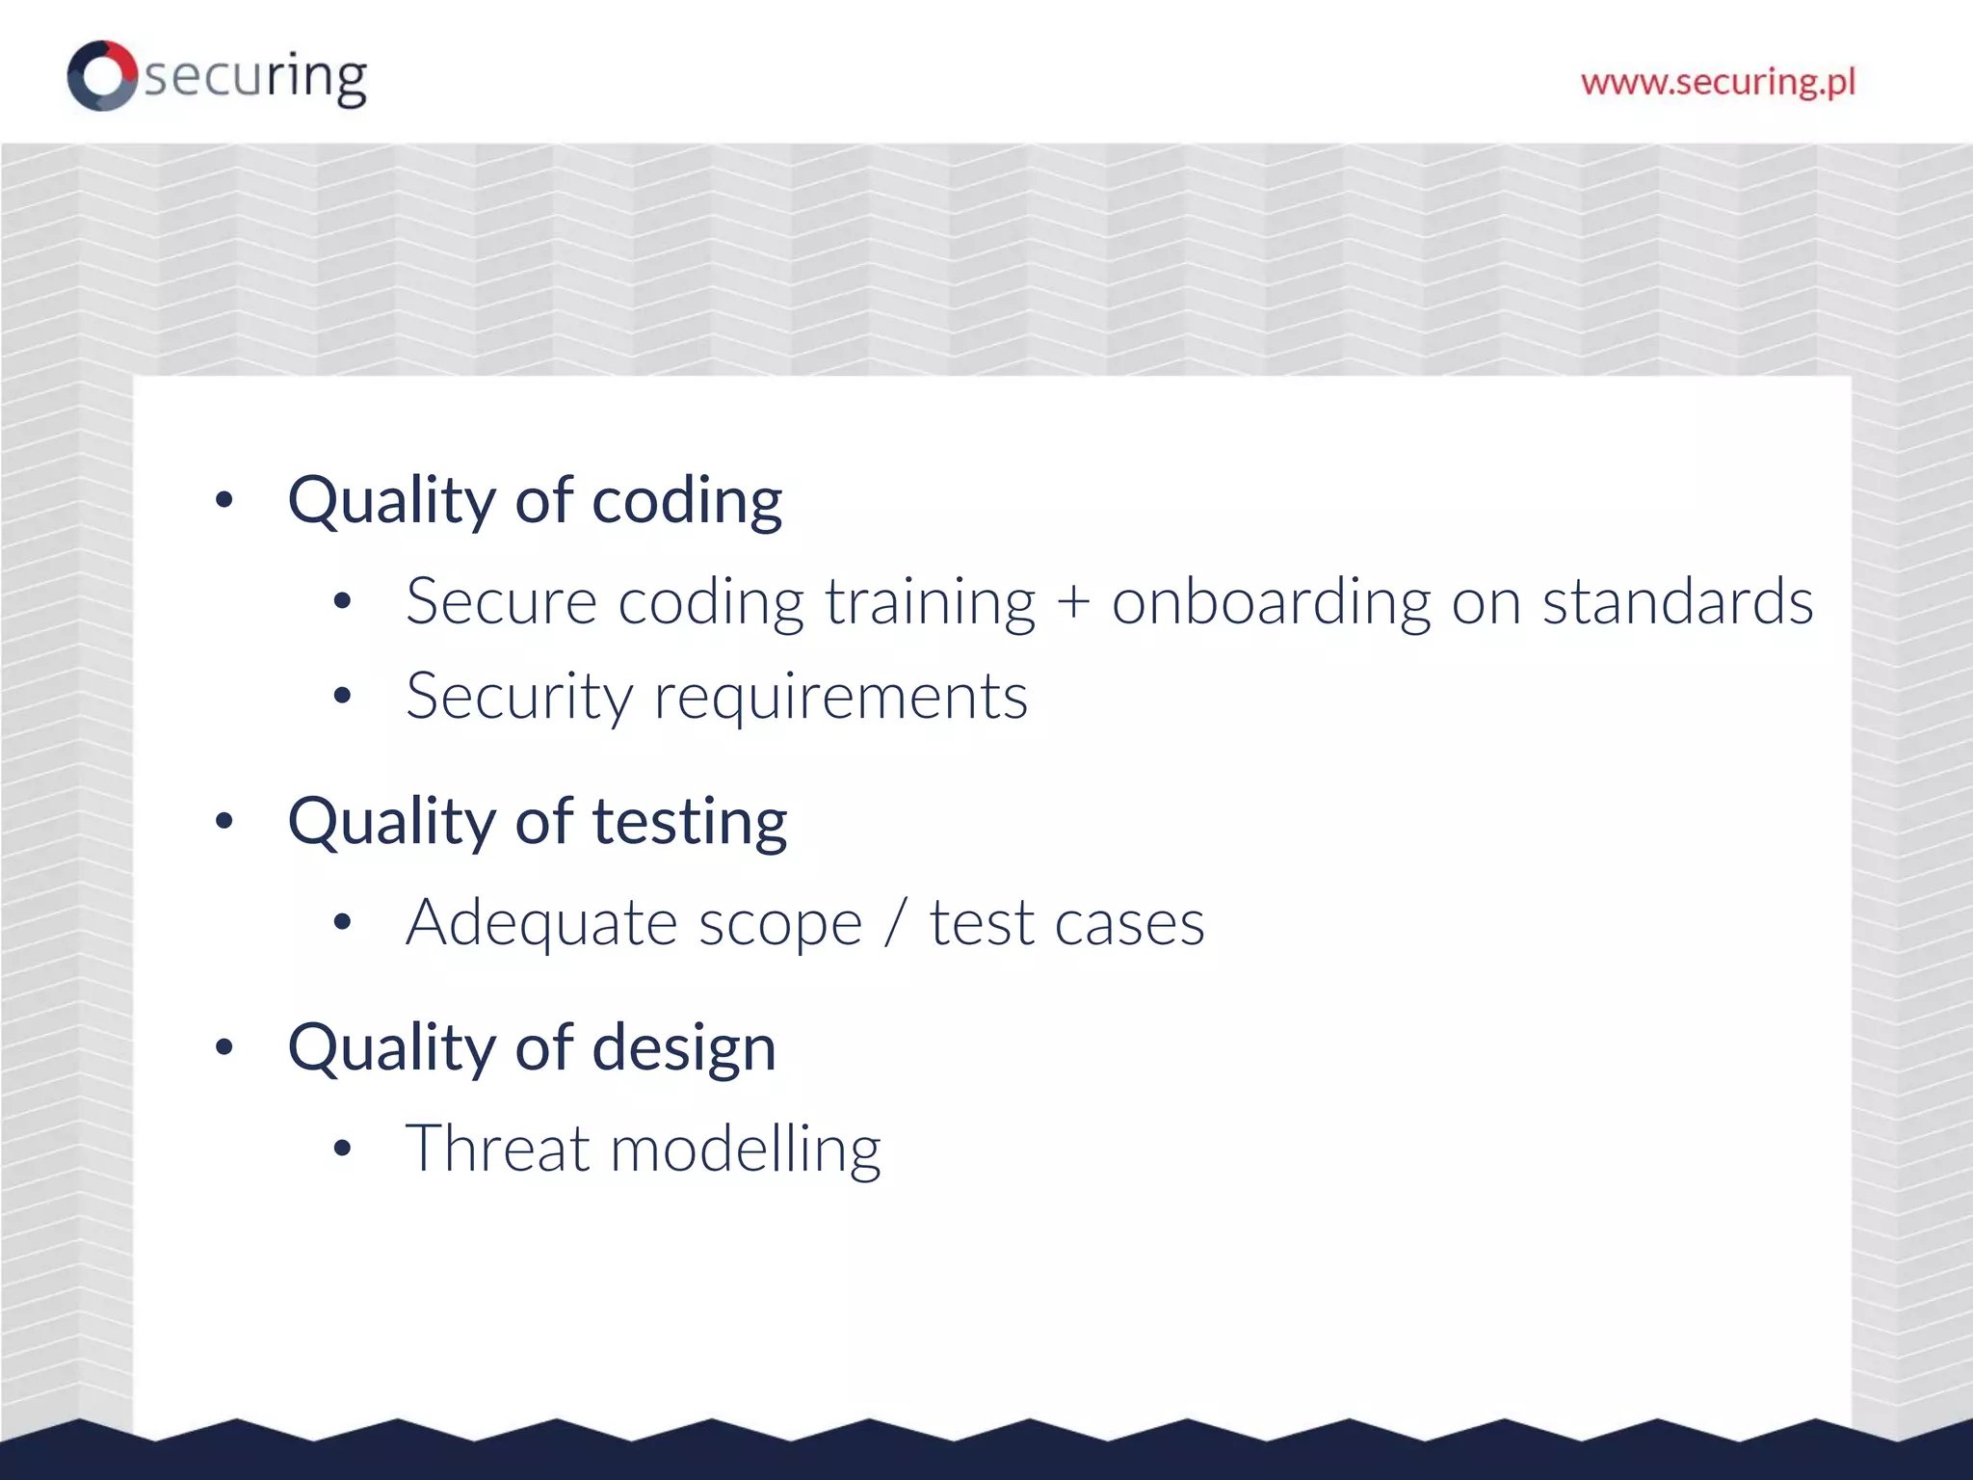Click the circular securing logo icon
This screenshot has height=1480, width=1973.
point(101,75)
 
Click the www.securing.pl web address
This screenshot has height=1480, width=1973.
point(1718,82)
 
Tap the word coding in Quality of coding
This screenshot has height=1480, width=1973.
point(686,502)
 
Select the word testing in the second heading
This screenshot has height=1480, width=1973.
point(689,823)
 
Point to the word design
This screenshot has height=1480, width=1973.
point(683,1048)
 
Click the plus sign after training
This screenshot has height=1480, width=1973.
point(1073,601)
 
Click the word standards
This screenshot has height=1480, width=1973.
point(1677,601)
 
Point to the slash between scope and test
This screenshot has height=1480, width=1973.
point(895,923)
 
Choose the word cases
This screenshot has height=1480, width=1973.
point(1129,924)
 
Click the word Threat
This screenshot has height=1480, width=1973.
point(497,1149)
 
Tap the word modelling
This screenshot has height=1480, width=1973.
point(746,1150)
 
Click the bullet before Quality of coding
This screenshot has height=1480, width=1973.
point(224,500)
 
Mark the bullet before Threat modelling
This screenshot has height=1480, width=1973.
point(342,1149)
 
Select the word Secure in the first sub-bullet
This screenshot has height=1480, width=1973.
point(501,601)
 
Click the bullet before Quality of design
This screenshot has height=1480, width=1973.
point(224,1047)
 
